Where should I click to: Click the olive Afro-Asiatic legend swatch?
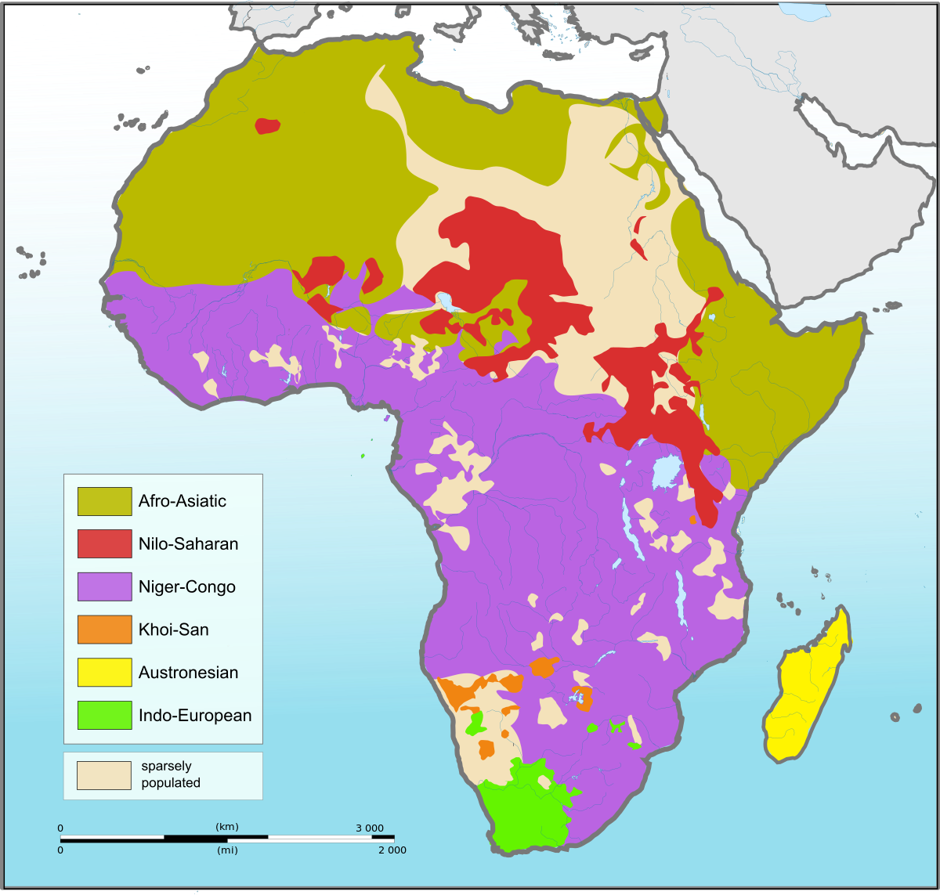click(104, 501)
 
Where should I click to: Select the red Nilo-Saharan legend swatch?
click(104, 544)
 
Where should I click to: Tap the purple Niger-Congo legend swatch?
click(104, 586)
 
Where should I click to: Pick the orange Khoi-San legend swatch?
click(104, 630)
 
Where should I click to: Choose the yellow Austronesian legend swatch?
click(104, 673)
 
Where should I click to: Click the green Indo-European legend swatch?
click(104, 715)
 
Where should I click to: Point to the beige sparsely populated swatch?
click(103, 775)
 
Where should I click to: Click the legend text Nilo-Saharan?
click(188, 544)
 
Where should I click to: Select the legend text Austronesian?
click(188, 673)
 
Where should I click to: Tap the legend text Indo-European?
click(195, 715)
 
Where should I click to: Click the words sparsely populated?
click(170, 774)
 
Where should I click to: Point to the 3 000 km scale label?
click(370, 828)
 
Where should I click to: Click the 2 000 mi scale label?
click(392, 850)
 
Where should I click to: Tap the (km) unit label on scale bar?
click(227, 827)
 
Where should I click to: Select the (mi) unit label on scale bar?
click(227, 850)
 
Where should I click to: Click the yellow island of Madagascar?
click(807, 689)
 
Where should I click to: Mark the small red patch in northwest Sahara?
click(267, 125)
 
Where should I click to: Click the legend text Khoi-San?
click(173, 630)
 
